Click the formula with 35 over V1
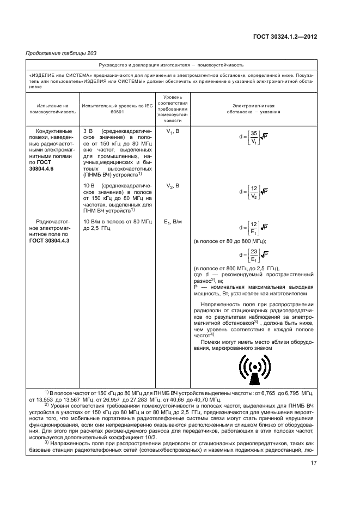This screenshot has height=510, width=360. [x=253, y=136]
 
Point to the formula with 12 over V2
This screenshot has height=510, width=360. [x=253, y=191]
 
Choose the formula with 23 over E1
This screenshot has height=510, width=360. [x=253, y=255]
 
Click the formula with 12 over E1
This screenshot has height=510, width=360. [x=253, y=227]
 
